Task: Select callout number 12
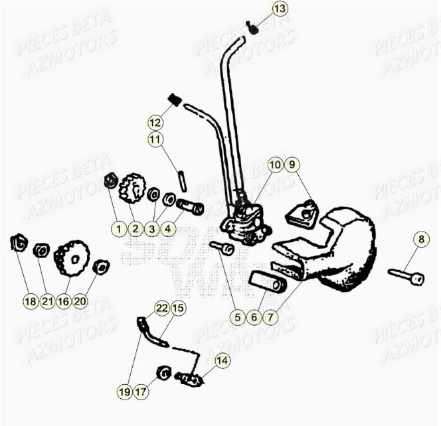tap(155, 123)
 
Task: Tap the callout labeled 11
tap(155, 140)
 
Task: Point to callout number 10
tap(274, 164)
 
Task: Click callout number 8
tap(420, 239)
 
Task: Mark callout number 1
tap(118, 229)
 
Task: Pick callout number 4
tap(168, 229)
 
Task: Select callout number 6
tap(253, 317)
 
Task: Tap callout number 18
tap(30, 301)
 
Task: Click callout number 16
tap(64, 301)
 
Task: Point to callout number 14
tap(222, 360)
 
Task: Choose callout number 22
tap(161, 308)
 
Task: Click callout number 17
tap(140, 392)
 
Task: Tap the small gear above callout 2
tap(132, 188)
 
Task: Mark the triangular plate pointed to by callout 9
tap(303, 213)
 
